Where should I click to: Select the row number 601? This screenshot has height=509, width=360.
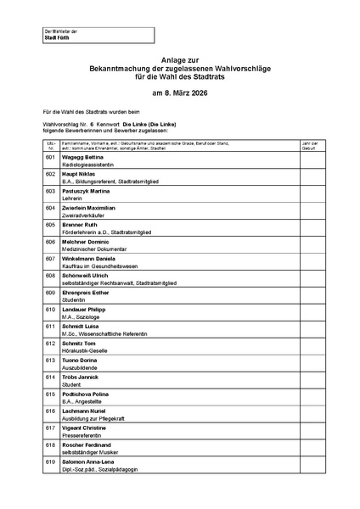click(x=50, y=157)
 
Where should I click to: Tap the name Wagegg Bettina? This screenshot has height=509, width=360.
click(x=82, y=157)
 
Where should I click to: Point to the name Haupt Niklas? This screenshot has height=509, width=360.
click(x=79, y=174)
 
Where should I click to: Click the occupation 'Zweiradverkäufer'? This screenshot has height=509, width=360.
click(x=82, y=215)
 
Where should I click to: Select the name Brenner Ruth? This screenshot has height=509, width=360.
click(x=79, y=225)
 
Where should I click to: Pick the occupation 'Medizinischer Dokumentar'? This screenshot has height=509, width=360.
click(x=93, y=249)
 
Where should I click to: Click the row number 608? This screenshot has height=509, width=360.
click(x=50, y=275)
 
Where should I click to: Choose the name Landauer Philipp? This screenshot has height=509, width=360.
click(x=85, y=309)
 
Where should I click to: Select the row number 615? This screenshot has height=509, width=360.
click(x=50, y=394)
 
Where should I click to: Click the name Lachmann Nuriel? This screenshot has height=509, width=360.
click(x=84, y=411)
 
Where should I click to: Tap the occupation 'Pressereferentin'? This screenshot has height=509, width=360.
click(x=82, y=434)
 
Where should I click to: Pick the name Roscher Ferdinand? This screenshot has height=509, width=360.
click(x=87, y=445)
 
